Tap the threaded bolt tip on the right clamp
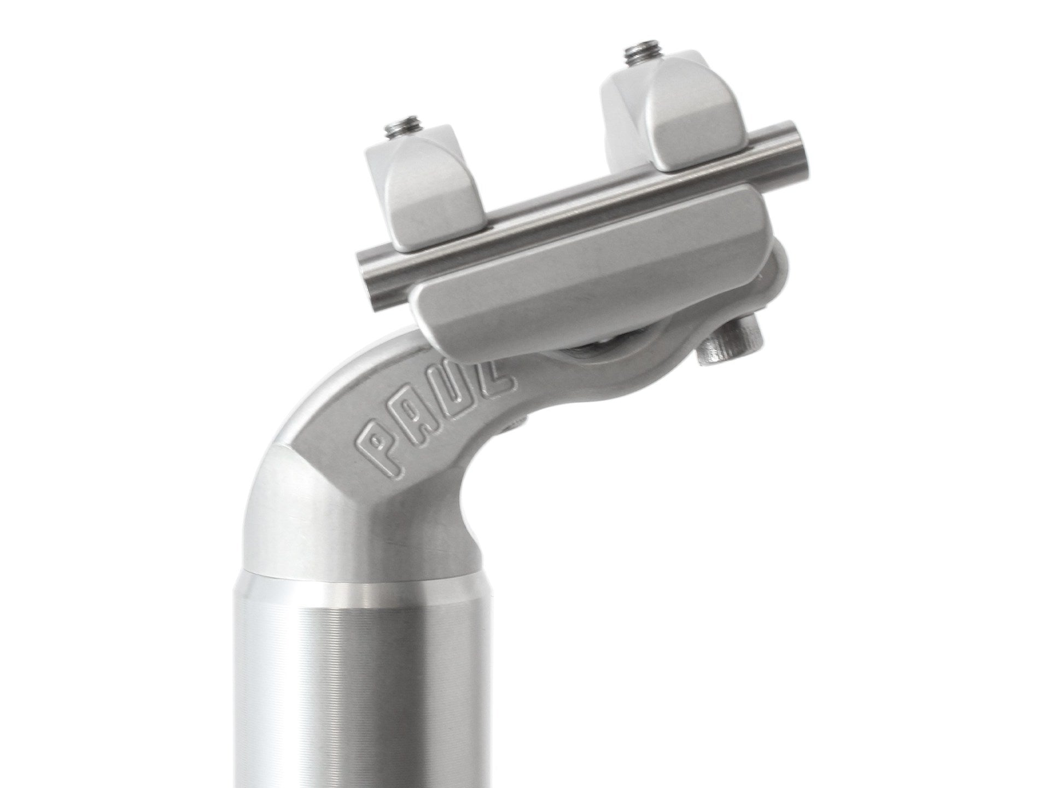point(639,55)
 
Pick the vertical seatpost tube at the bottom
point(361,684)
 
